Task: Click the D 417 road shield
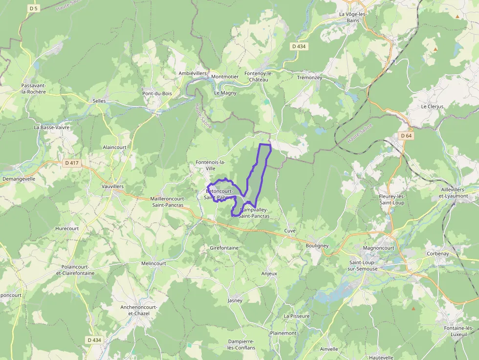point(71,163)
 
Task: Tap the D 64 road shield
point(406,136)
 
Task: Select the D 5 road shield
point(33,8)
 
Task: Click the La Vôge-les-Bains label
point(352,17)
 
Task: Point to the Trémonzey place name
point(309,78)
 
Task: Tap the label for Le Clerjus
point(432,106)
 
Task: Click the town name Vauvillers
point(112,187)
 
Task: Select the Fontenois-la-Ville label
point(210,165)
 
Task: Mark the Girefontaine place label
point(224,248)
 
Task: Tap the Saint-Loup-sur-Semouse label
point(362,266)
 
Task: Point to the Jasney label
point(235,300)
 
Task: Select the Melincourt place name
point(153,263)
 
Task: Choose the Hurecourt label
point(67,228)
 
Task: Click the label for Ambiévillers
point(193,73)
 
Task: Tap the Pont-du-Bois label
point(157,93)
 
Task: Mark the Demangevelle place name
point(19,179)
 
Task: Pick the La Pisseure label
point(297,316)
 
